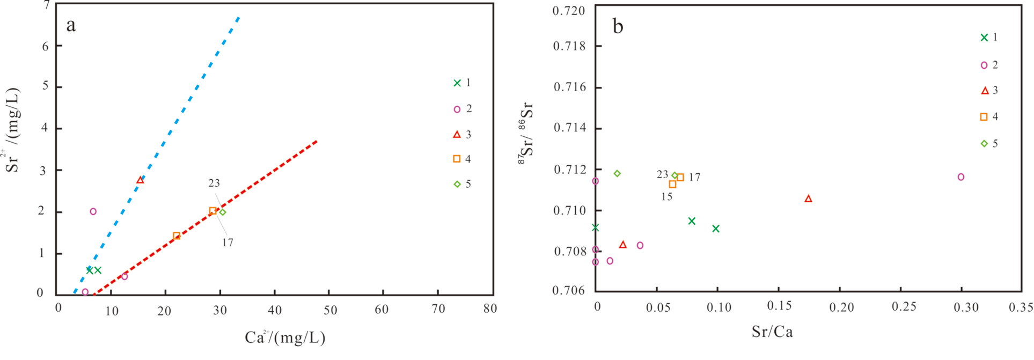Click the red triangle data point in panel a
(140, 180)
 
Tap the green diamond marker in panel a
(223, 212)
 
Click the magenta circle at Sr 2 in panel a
(93, 211)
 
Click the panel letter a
(71, 25)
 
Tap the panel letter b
(618, 26)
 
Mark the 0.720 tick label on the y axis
(569, 11)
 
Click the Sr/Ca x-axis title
(772, 332)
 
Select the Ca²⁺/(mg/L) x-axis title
(285, 337)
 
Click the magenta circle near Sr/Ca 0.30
(960, 177)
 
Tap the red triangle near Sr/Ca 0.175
(808, 199)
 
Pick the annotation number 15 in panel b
(666, 197)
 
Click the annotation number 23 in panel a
(214, 183)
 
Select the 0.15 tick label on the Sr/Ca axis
(779, 306)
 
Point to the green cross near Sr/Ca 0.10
(715, 229)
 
